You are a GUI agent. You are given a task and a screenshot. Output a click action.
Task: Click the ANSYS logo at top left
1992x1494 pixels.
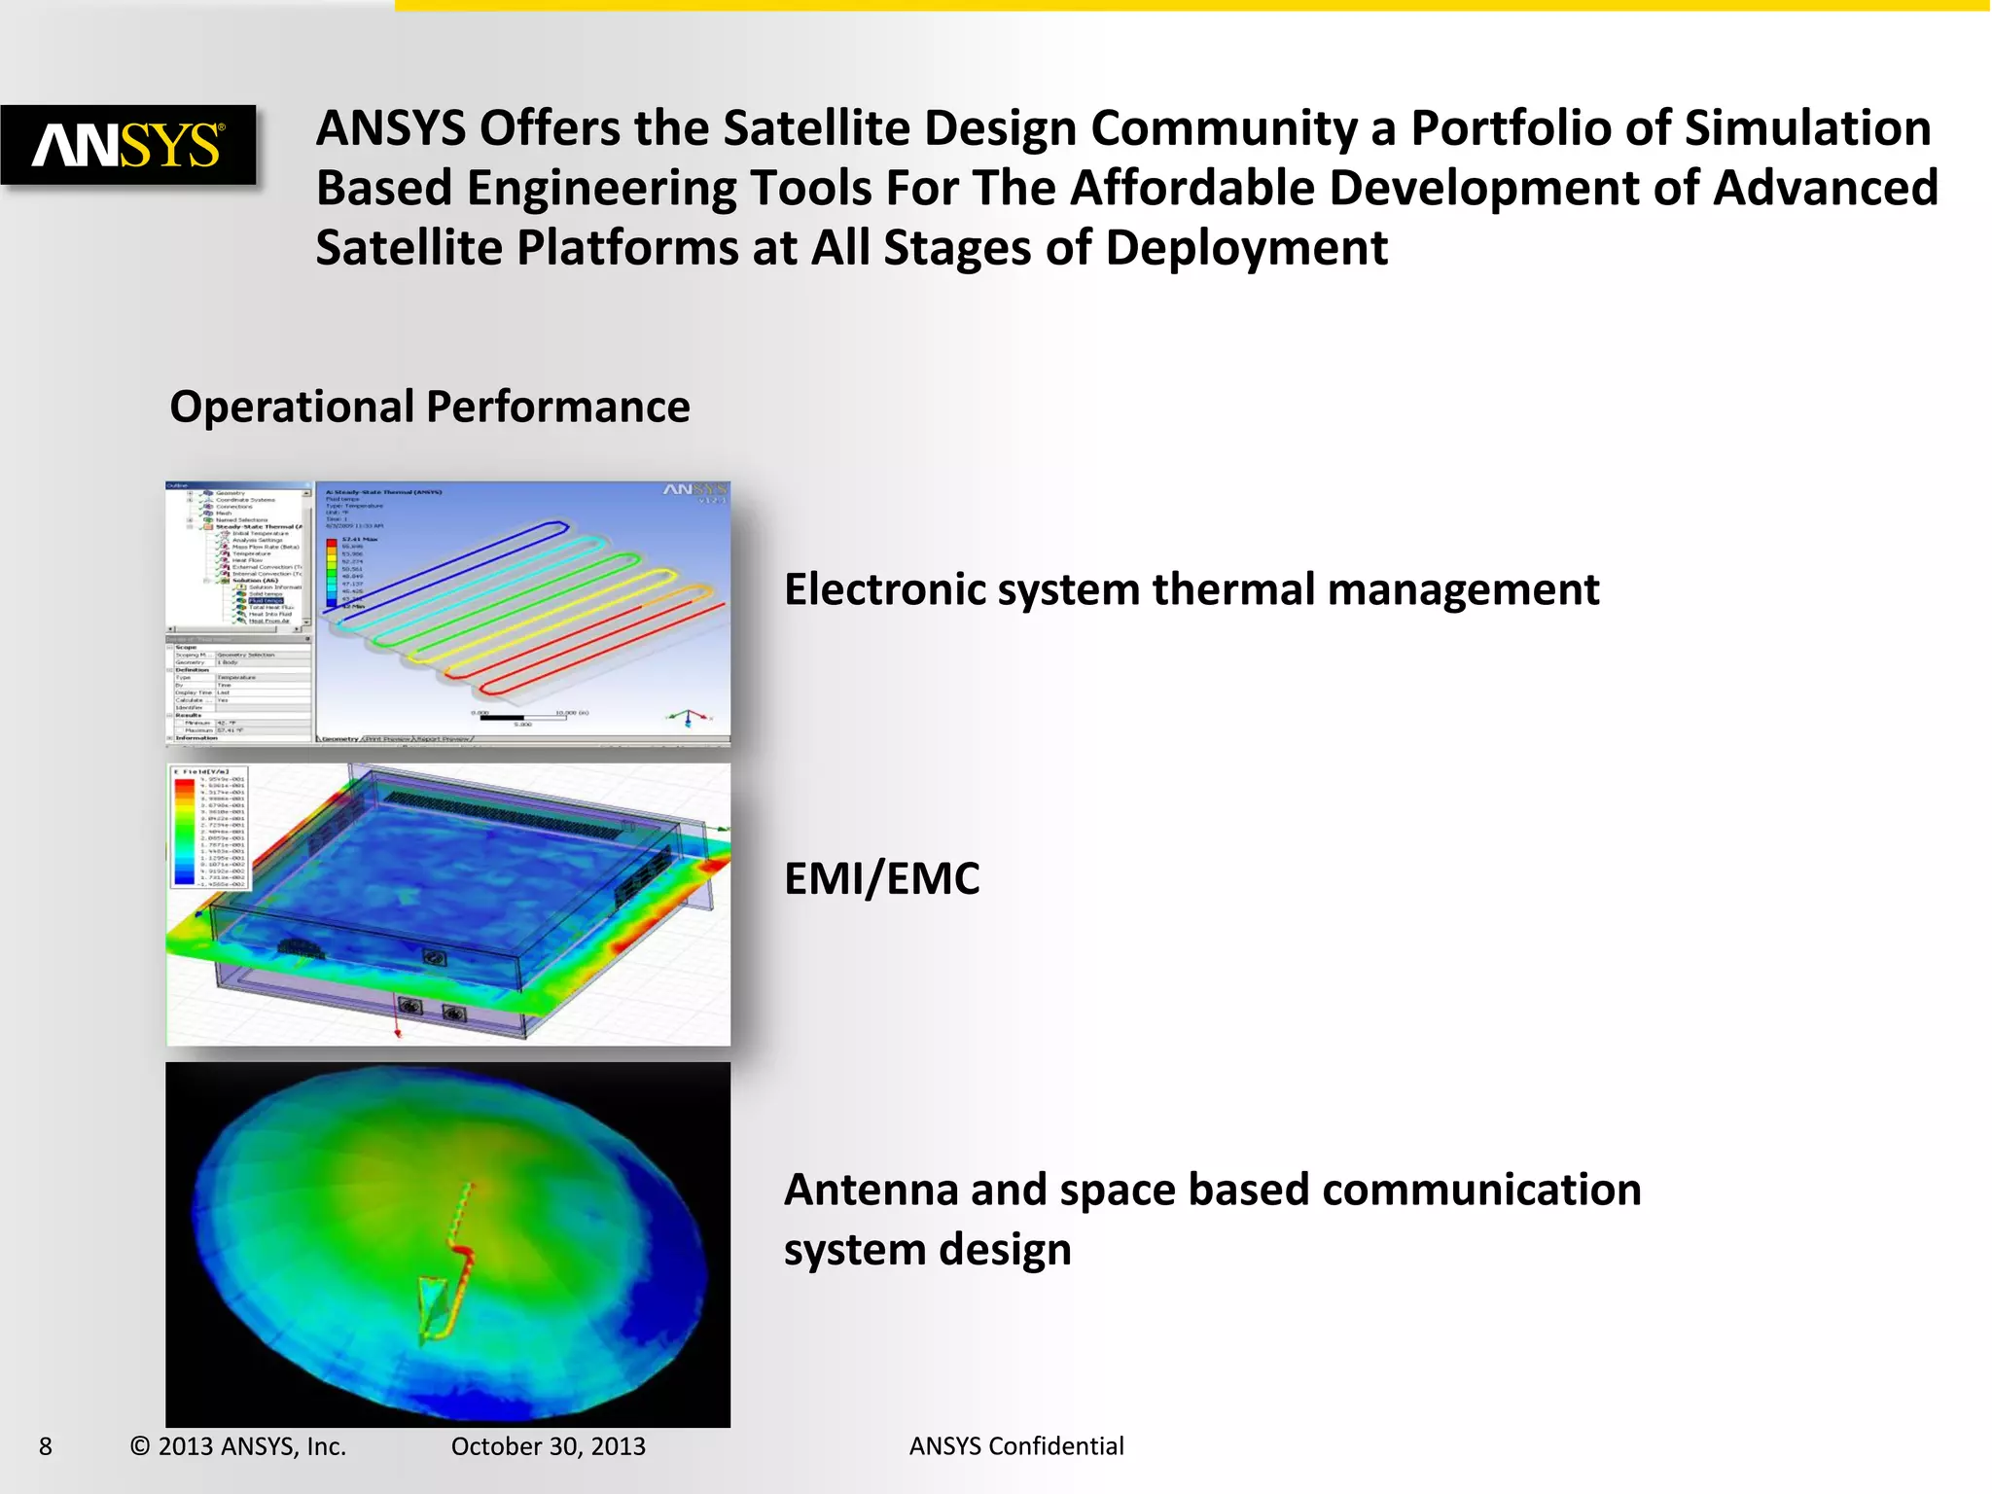(x=128, y=145)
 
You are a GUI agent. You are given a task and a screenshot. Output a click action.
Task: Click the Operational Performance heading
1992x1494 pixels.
(x=429, y=407)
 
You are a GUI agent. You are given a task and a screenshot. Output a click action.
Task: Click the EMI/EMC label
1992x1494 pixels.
(x=881, y=878)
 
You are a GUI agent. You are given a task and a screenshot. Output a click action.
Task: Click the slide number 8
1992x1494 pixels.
(x=45, y=1446)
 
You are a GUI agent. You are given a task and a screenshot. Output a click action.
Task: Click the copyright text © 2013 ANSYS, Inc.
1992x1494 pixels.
(x=238, y=1446)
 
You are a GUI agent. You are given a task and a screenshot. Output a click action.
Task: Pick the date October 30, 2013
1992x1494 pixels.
(x=548, y=1446)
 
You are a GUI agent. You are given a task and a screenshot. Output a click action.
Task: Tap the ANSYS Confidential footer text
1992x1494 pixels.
(x=1015, y=1446)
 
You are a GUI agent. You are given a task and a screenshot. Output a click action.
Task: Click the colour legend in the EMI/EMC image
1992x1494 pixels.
(x=209, y=827)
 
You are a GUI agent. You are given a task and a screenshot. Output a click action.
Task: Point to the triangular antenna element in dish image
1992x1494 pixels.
(x=436, y=1308)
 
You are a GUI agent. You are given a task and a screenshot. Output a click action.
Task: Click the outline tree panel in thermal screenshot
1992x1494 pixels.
(x=239, y=555)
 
